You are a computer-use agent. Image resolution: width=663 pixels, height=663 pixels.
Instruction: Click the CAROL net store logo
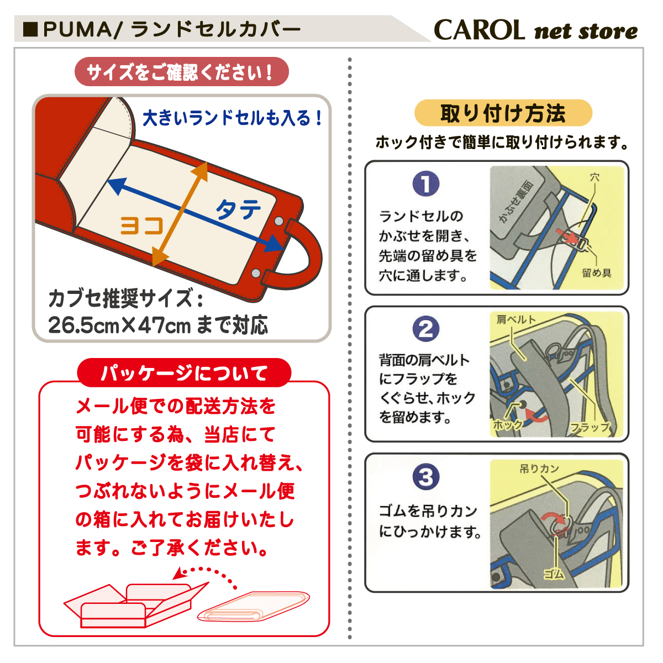[x=535, y=30]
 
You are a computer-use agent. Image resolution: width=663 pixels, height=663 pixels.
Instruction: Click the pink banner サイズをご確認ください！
[x=181, y=72]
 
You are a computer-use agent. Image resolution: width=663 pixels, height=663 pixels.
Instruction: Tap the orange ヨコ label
[x=143, y=225]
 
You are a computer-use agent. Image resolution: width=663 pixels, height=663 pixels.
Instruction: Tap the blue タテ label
[x=238, y=209]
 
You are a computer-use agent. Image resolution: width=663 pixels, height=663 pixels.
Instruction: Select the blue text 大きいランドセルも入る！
[x=233, y=118]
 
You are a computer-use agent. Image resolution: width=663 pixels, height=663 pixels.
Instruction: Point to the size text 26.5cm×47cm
[x=119, y=325]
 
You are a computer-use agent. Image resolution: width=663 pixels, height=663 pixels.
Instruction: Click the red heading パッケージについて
[x=184, y=373]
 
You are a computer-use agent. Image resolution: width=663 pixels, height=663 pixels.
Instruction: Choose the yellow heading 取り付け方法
[x=503, y=113]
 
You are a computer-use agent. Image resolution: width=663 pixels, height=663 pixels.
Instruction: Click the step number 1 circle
[x=425, y=184]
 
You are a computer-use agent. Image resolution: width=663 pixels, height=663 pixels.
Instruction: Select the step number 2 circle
[x=425, y=329]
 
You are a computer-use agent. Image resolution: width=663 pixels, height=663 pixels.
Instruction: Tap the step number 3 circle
[x=425, y=477]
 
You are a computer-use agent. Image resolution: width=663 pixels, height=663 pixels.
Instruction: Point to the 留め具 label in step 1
[x=597, y=273]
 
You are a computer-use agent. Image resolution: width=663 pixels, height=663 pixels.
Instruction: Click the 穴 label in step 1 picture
[x=594, y=177]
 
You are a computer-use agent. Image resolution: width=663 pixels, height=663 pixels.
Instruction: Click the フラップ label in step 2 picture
[x=590, y=427]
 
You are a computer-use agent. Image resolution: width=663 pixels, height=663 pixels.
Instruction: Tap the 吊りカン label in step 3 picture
[x=539, y=469]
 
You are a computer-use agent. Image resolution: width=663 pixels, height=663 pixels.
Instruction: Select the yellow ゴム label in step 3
[x=554, y=574]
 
